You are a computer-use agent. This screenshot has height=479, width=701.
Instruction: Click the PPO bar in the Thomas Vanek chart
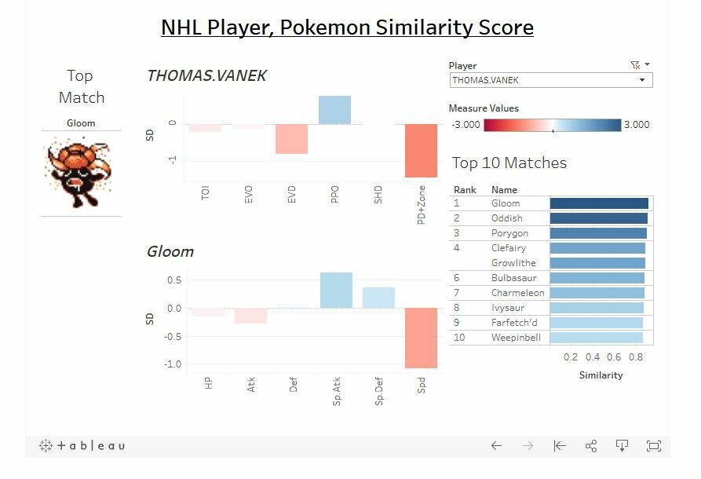334,110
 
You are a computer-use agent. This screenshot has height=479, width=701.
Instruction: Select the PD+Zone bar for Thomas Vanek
421,151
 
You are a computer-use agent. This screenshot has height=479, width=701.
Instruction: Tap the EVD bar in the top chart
291,139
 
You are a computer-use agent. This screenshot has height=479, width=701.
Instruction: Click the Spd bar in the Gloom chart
421,338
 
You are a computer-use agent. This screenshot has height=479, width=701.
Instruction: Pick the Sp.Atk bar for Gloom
336,291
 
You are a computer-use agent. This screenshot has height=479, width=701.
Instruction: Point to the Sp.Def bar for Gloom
378,298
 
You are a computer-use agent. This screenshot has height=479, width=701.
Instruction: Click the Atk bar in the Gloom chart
250,316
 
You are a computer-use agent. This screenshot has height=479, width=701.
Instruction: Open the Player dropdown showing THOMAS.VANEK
551,80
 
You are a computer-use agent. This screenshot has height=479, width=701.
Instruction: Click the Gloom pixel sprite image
78,173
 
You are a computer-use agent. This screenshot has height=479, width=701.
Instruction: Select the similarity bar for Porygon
598,233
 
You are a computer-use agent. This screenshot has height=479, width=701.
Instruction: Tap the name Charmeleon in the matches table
517,293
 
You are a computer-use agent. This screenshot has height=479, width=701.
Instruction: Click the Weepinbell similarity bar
597,338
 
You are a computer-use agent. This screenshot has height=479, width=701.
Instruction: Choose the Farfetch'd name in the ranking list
514,323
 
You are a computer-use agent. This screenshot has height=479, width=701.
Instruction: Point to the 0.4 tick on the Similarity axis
593,357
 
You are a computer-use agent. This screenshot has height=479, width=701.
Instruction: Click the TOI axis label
205,193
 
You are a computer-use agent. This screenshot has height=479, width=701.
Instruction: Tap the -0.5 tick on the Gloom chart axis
173,336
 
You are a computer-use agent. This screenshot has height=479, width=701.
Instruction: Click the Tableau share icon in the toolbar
591,446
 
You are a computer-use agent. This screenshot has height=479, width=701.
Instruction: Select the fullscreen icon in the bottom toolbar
654,446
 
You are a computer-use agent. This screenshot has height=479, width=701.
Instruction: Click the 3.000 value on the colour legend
637,125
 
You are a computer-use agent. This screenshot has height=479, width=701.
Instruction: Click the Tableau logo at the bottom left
82,445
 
